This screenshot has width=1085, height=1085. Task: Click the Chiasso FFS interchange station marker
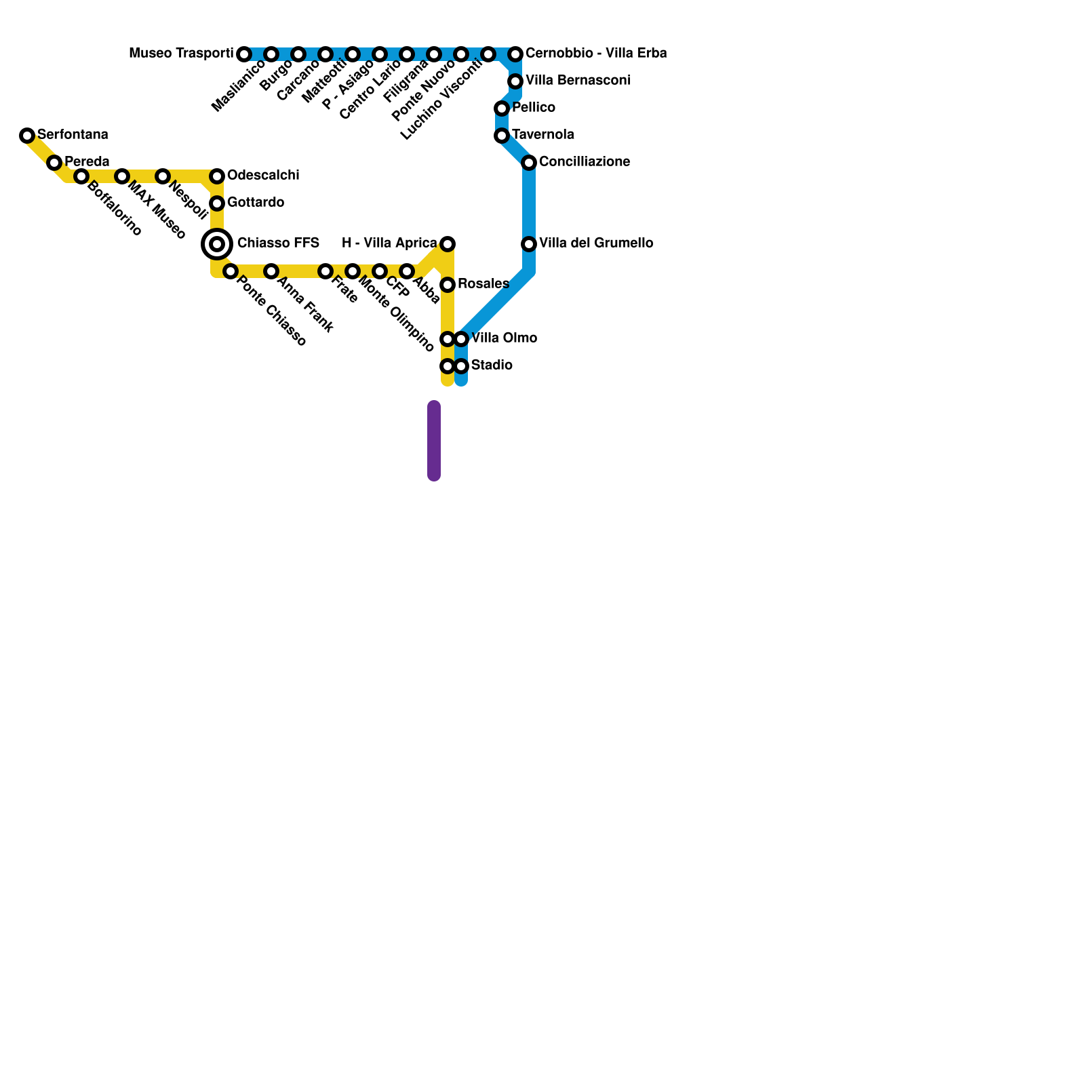[x=217, y=244]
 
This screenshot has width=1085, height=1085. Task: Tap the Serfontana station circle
[x=27, y=136]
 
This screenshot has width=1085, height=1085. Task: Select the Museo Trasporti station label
[x=181, y=53]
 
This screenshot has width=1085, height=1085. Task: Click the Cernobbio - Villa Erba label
[x=596, y=53]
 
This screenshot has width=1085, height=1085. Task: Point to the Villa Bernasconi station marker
[x=515, y=81]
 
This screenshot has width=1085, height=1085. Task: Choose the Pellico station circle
[x=502, y=108]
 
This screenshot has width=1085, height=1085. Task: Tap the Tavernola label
[x=543, y=134]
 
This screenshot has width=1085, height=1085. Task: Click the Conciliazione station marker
[x=529, y=163]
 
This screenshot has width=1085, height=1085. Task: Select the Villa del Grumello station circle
[x=529, y=244]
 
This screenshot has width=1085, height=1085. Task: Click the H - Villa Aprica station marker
[x=448, y=244]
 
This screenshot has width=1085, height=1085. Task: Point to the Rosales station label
[x=484, y=283]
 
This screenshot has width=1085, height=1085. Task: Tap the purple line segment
[x=434, y=441]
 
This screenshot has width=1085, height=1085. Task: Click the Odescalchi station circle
[x=217, y=176]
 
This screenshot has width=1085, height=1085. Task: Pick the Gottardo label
[x=256, y=202]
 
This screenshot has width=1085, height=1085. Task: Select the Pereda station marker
[x=54, y=163]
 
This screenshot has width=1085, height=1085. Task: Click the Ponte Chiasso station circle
[x=231, y=271]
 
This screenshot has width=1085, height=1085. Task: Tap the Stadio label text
[x=492, y=365]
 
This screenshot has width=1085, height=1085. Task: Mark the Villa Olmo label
[x=505, y=338]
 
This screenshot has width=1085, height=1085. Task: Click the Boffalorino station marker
[x=81, y=176]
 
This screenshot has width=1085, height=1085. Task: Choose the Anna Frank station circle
[x=271, y=271]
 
